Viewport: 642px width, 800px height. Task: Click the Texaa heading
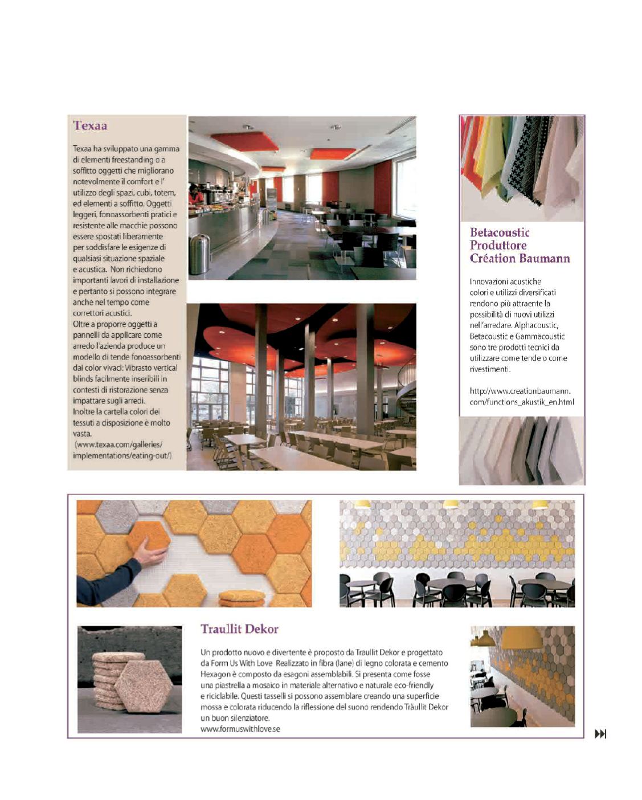pyautogui.click(x=90, y=126)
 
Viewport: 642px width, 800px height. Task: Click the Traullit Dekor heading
pyautogui.click(x=239, y=629)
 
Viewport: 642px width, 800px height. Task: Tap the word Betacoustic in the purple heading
pyautogui.click(x=500, y=232)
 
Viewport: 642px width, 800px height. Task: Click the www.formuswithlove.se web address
pyautogui.click(x=240, y=729)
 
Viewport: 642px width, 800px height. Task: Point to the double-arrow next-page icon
pyautogui.click(x=600, y=734)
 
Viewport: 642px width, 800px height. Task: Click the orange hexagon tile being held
pyautogui.click(x=149, y=535)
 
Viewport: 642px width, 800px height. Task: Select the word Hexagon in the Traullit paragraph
pyautogui.click(x=215, y=674)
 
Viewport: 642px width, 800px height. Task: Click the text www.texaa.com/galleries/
pyautogui.click(x=118, y=444)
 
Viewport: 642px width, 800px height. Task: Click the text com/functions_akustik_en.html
pyautogui.click(x=521, y=402)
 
